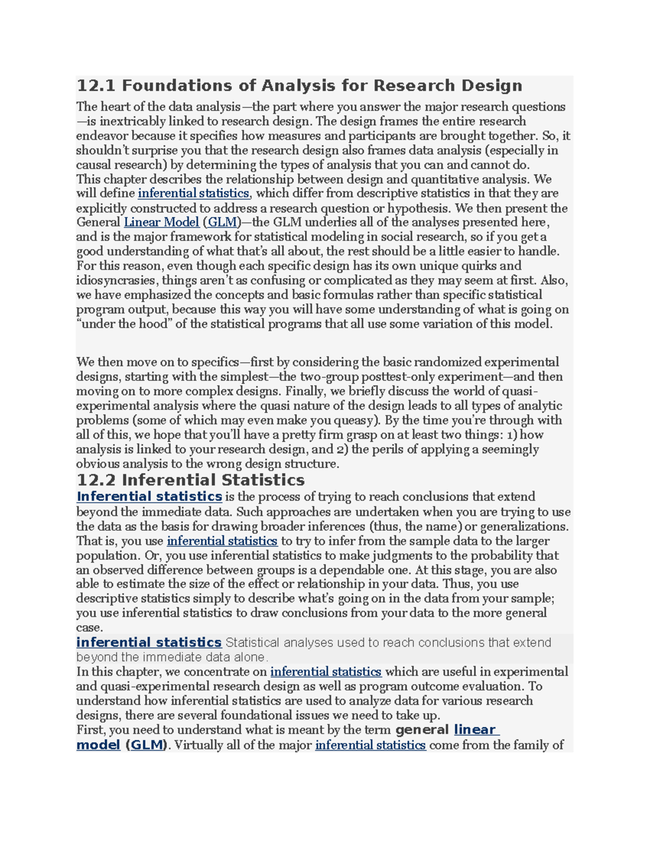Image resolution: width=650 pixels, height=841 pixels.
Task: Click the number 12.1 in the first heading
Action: coord(96,86)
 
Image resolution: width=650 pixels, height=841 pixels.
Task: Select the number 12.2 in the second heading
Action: coord(96,480)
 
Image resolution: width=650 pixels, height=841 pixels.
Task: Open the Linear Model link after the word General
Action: coord(161,223)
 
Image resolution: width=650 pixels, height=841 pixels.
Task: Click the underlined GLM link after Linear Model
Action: coord(223,223)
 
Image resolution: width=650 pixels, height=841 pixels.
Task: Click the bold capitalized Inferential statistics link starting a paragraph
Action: coord(149,497)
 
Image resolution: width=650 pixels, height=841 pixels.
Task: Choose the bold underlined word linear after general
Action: coord(474,730)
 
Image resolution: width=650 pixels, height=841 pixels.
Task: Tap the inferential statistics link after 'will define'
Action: coord(193,194)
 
